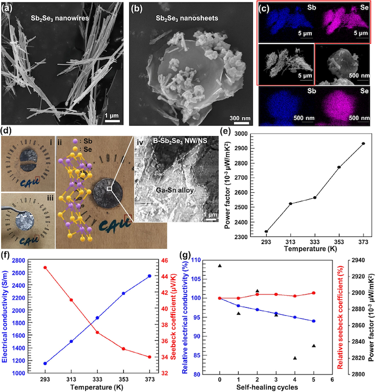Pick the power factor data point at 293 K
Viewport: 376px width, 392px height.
(x=266, y=231)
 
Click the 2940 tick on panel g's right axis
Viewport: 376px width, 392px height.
(x=348, y=260)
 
